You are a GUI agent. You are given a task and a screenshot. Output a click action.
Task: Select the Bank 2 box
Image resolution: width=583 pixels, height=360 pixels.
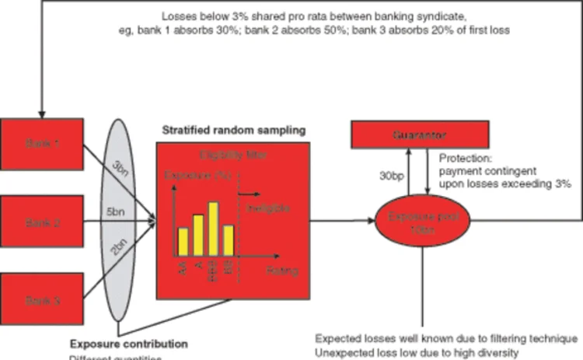(x=42, y=222)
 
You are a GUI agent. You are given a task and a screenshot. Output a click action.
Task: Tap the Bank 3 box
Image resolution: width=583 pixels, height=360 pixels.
(x=42, y=299)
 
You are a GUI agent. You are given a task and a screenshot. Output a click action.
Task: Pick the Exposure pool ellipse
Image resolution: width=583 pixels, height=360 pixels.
(x=423, y=220)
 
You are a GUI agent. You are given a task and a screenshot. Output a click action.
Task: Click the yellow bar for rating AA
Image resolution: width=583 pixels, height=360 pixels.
(x=183, y=240)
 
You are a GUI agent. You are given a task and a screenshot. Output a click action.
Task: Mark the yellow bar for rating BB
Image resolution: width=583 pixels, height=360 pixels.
(x=229, y=239)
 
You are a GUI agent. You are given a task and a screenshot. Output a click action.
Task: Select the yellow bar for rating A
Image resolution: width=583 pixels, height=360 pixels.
(x=198, y=234)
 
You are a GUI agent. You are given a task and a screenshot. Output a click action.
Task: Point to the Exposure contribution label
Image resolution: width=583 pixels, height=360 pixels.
(x=129, y=343)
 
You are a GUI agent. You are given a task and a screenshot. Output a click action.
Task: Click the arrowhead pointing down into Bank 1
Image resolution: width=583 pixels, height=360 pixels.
(x=40, y=114)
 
